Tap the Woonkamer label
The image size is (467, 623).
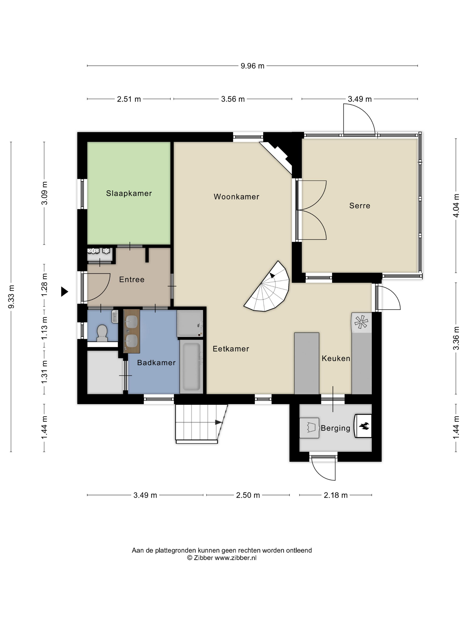click(236, 197)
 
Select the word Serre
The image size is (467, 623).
click(360, 206)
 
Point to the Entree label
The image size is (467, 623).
click(132, 279)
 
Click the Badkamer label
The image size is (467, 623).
click(157, 362)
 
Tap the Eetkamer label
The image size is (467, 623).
click(231, 349)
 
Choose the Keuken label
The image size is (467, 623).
click(336, 358)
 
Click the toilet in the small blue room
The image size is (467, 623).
click(102, 333)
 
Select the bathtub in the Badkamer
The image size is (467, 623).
click(191, 366)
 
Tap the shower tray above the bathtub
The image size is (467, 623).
click(190, 323)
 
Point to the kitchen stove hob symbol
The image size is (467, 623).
click(361, 322)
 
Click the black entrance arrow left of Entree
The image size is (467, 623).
click(64, 291)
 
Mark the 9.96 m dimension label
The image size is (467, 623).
click(252, 66)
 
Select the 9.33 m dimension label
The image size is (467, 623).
click(11, 297)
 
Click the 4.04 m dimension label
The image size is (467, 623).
click(456, 206)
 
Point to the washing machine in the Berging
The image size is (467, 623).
click(309, 428)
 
